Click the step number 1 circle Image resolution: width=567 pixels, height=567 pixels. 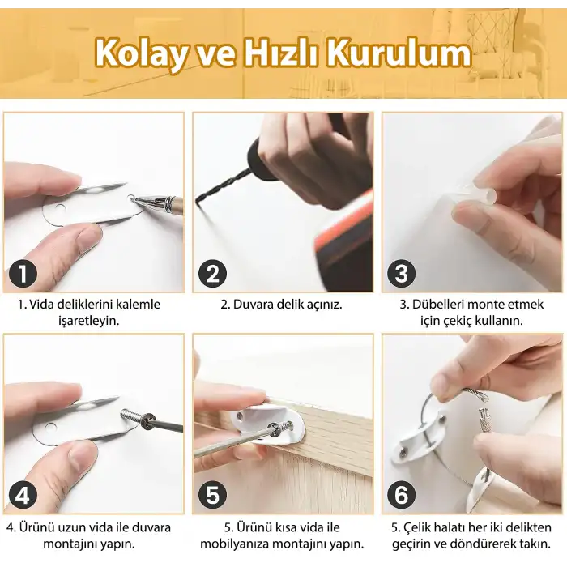click(x=23, y=273)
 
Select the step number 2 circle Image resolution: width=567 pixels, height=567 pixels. click(x=211, y=273)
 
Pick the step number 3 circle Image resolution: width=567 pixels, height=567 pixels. click(x=401, y=273)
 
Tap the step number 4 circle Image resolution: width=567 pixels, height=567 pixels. click(x=23, y=493)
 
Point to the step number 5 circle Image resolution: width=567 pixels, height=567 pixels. click(x=211, y=493)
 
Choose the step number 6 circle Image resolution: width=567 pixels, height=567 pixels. click(x=401, y=493)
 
